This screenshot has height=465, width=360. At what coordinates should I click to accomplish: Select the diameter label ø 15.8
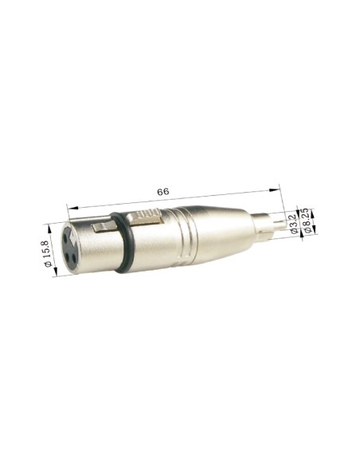click(x=45, y=250)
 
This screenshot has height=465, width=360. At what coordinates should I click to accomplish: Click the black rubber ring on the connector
click(x=119, y=243)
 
